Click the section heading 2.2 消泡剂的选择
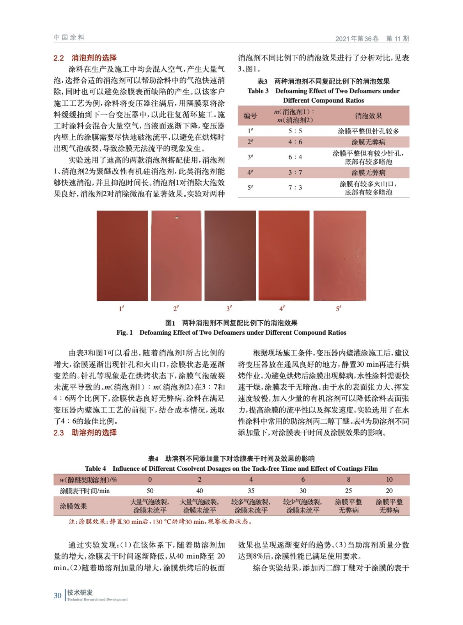click(x=85, y=58)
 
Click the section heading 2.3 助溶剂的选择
click(x=85, y=432)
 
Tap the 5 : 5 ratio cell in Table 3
click(x=295, y=131)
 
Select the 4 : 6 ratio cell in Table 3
click(x=295, y=142)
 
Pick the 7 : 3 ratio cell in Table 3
click(x=295, y=187)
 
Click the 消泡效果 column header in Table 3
click(x=368, y=116)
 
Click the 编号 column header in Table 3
click(x=250, y=116)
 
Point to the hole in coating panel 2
click(x=177, y=218)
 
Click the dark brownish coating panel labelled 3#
click(x=230, y=255)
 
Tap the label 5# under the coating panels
click(x=338, y=309)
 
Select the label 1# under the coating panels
click(x=121, y=309)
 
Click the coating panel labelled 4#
click(x=284, y=255)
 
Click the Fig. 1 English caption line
click(x=231, y=332)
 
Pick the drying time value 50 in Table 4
click(x=150, y=491)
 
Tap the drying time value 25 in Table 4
click(x=348, y=491)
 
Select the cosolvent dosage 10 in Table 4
click(x=389, y=479)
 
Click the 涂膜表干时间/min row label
click(x=85, y=491)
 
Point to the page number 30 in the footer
click(x=57, y=595)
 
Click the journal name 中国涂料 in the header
click(x=69, y=37)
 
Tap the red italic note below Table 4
click(x=160, y=521)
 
